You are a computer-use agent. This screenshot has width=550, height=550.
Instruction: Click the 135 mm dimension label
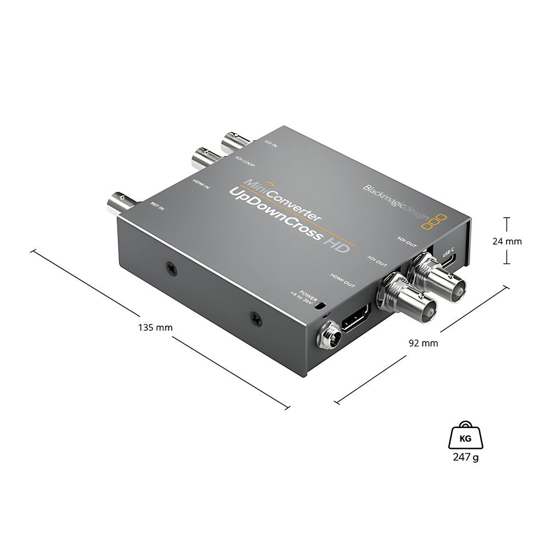coord(155,327)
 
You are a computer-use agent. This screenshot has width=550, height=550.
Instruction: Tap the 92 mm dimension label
coord(423,343)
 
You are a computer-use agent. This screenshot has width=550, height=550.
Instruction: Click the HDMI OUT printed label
coord(343,281)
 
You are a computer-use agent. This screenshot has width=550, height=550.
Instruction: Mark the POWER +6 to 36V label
coord(304,297)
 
